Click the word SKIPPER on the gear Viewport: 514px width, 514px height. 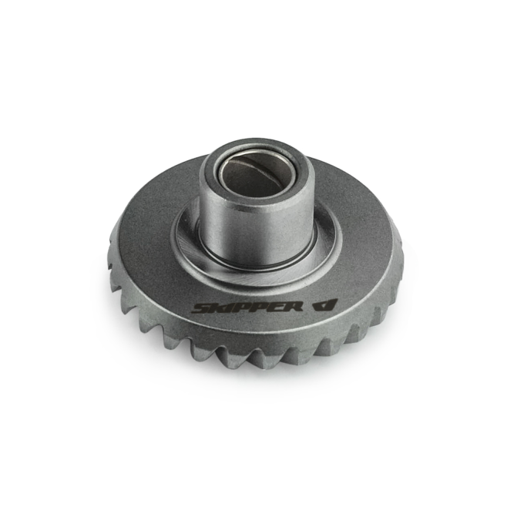coord(247,307)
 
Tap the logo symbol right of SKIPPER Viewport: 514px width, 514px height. coord(324,305)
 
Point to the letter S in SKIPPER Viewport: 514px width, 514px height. coord(201,308)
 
